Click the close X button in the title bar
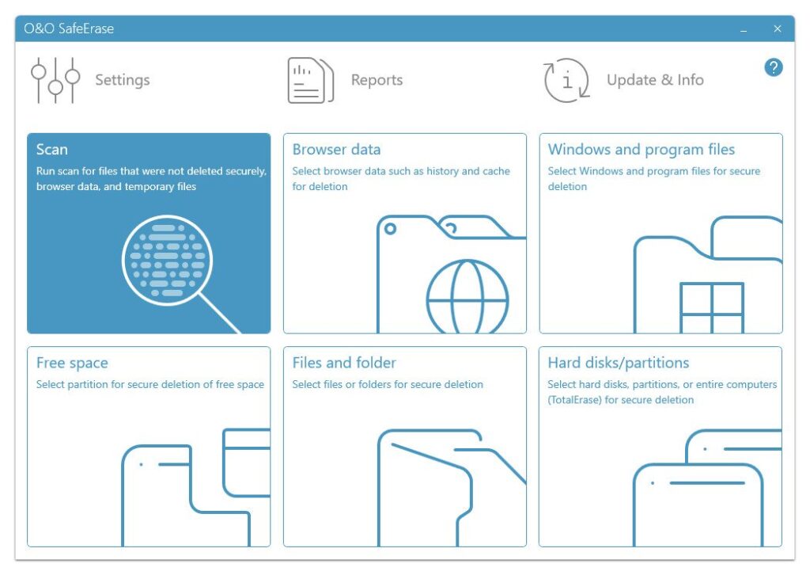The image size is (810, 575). pyautogui.click(x=777, y=29)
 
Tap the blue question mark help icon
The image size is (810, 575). pyautogui.click(x=774, y=67)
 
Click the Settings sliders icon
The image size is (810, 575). pyautogui.click(x=55, y=80)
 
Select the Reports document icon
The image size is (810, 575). pyautogui.click(x=310, y=80)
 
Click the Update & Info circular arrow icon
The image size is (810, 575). pyautogui.click(x=566, y=80)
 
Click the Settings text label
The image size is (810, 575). pyautogui.click(x=123, y=80)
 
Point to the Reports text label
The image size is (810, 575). pyautogui.click(x=377, y=80)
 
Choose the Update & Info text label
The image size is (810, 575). pyautogui.click(x=655, y=80)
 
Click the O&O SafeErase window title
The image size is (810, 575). pyautogui.click(x=69, y=29)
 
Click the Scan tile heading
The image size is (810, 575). pyautogui.click(x=51, y=150)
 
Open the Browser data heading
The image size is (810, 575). pyautogui.click(x=336, y=150)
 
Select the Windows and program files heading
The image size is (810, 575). pyautogui.click(x=641, y=150)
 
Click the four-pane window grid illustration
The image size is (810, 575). pyautogui.click(x=712, y=307)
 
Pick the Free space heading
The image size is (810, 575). pyautogui.click(x=72, y=364)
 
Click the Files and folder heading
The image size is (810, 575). pyautogui.click(x=344, y=363)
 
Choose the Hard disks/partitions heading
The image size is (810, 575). pyautogui.click(x=619, y=363)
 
